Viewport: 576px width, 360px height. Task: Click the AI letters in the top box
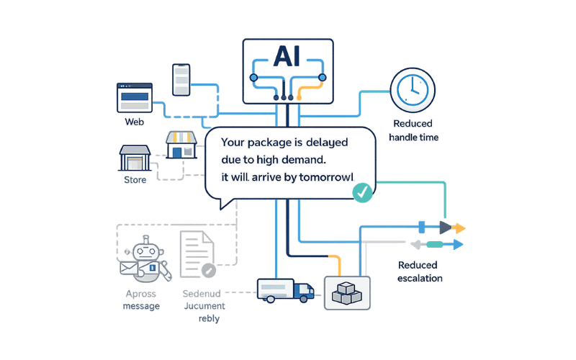287,58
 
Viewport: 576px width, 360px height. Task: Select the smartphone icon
180,79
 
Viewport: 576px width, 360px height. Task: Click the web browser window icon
135,97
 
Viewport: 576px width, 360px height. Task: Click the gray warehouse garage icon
135,158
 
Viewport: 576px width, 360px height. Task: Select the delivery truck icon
286,289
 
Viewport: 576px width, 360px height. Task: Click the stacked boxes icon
347,292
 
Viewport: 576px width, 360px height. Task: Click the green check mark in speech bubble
363,190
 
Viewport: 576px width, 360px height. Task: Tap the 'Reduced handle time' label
413,130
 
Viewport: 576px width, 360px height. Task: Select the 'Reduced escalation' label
420,271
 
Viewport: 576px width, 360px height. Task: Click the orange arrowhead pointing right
459,228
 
